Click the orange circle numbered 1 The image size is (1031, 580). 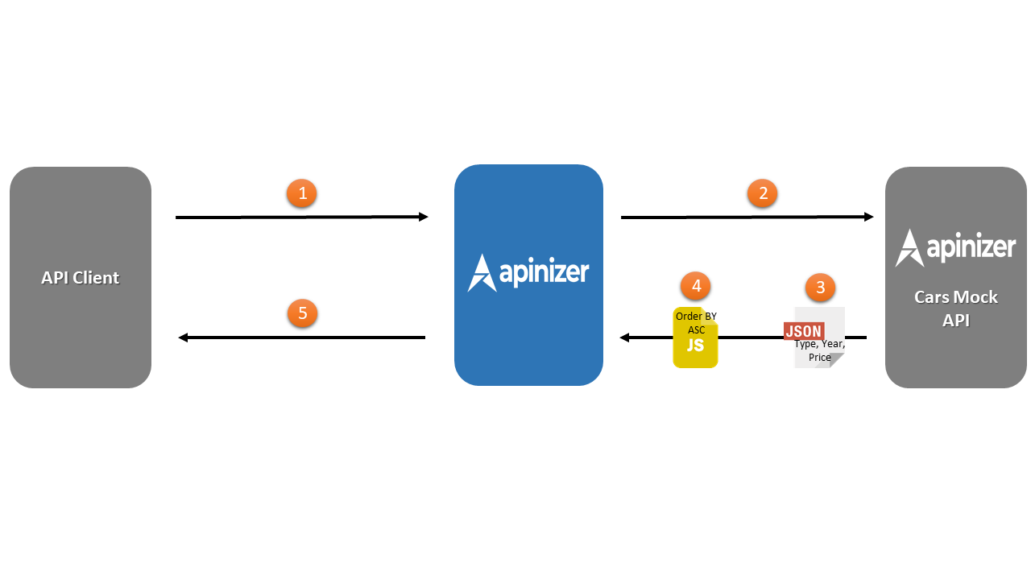click(x=302, y=193)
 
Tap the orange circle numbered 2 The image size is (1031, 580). click(x=762, y=193)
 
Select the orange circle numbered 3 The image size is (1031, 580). click(x=820, y=287)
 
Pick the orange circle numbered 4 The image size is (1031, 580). click(x=696, y=286)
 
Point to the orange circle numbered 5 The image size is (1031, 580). click(x=302, y=313)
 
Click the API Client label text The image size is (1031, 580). click(x=81, y=278)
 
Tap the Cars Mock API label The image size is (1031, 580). click(x=955, y=309)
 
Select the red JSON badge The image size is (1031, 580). click(x=804, y=331)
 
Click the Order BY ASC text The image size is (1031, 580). click(x=696, y=322)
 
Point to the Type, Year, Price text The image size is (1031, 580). click(x=819, y=350)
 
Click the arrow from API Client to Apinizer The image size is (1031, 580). click(x=302, y=217)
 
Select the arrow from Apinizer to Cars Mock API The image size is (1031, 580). click(x=747, y=217)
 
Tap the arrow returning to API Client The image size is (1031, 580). click(x=302, y=338)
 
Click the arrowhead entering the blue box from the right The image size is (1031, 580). click(x=624, y=338)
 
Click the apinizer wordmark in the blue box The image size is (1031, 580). click(x=544, y=271)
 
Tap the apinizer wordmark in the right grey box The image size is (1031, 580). click(x=971, y=246)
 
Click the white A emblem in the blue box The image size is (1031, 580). click(x=481, y=273)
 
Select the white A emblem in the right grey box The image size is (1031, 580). click(x=909, y=248)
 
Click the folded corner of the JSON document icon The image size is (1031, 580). click(x=836, y=360)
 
